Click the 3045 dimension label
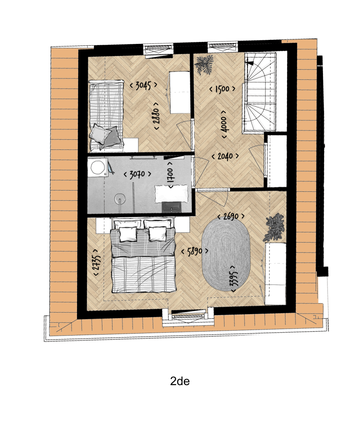click(x=143, y=85)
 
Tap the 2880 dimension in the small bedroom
click(x=157, y=116)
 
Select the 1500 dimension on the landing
click(x=222, y=89)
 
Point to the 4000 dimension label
click(x=224, y=124)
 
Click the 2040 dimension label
click(x=225, y=156)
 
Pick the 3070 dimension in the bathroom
click(x=137, y=174)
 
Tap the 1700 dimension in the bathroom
click(x=170, y=175)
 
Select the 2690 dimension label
click(x=231, y=216)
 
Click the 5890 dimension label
click(x=195, y=251)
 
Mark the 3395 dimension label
click(x=234, y=278)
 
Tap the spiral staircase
click(x=260, y=91)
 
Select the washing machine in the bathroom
click(x=97, y=168)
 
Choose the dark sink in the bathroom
click(x=172, y=206)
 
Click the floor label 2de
click(x=180, y=381)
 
